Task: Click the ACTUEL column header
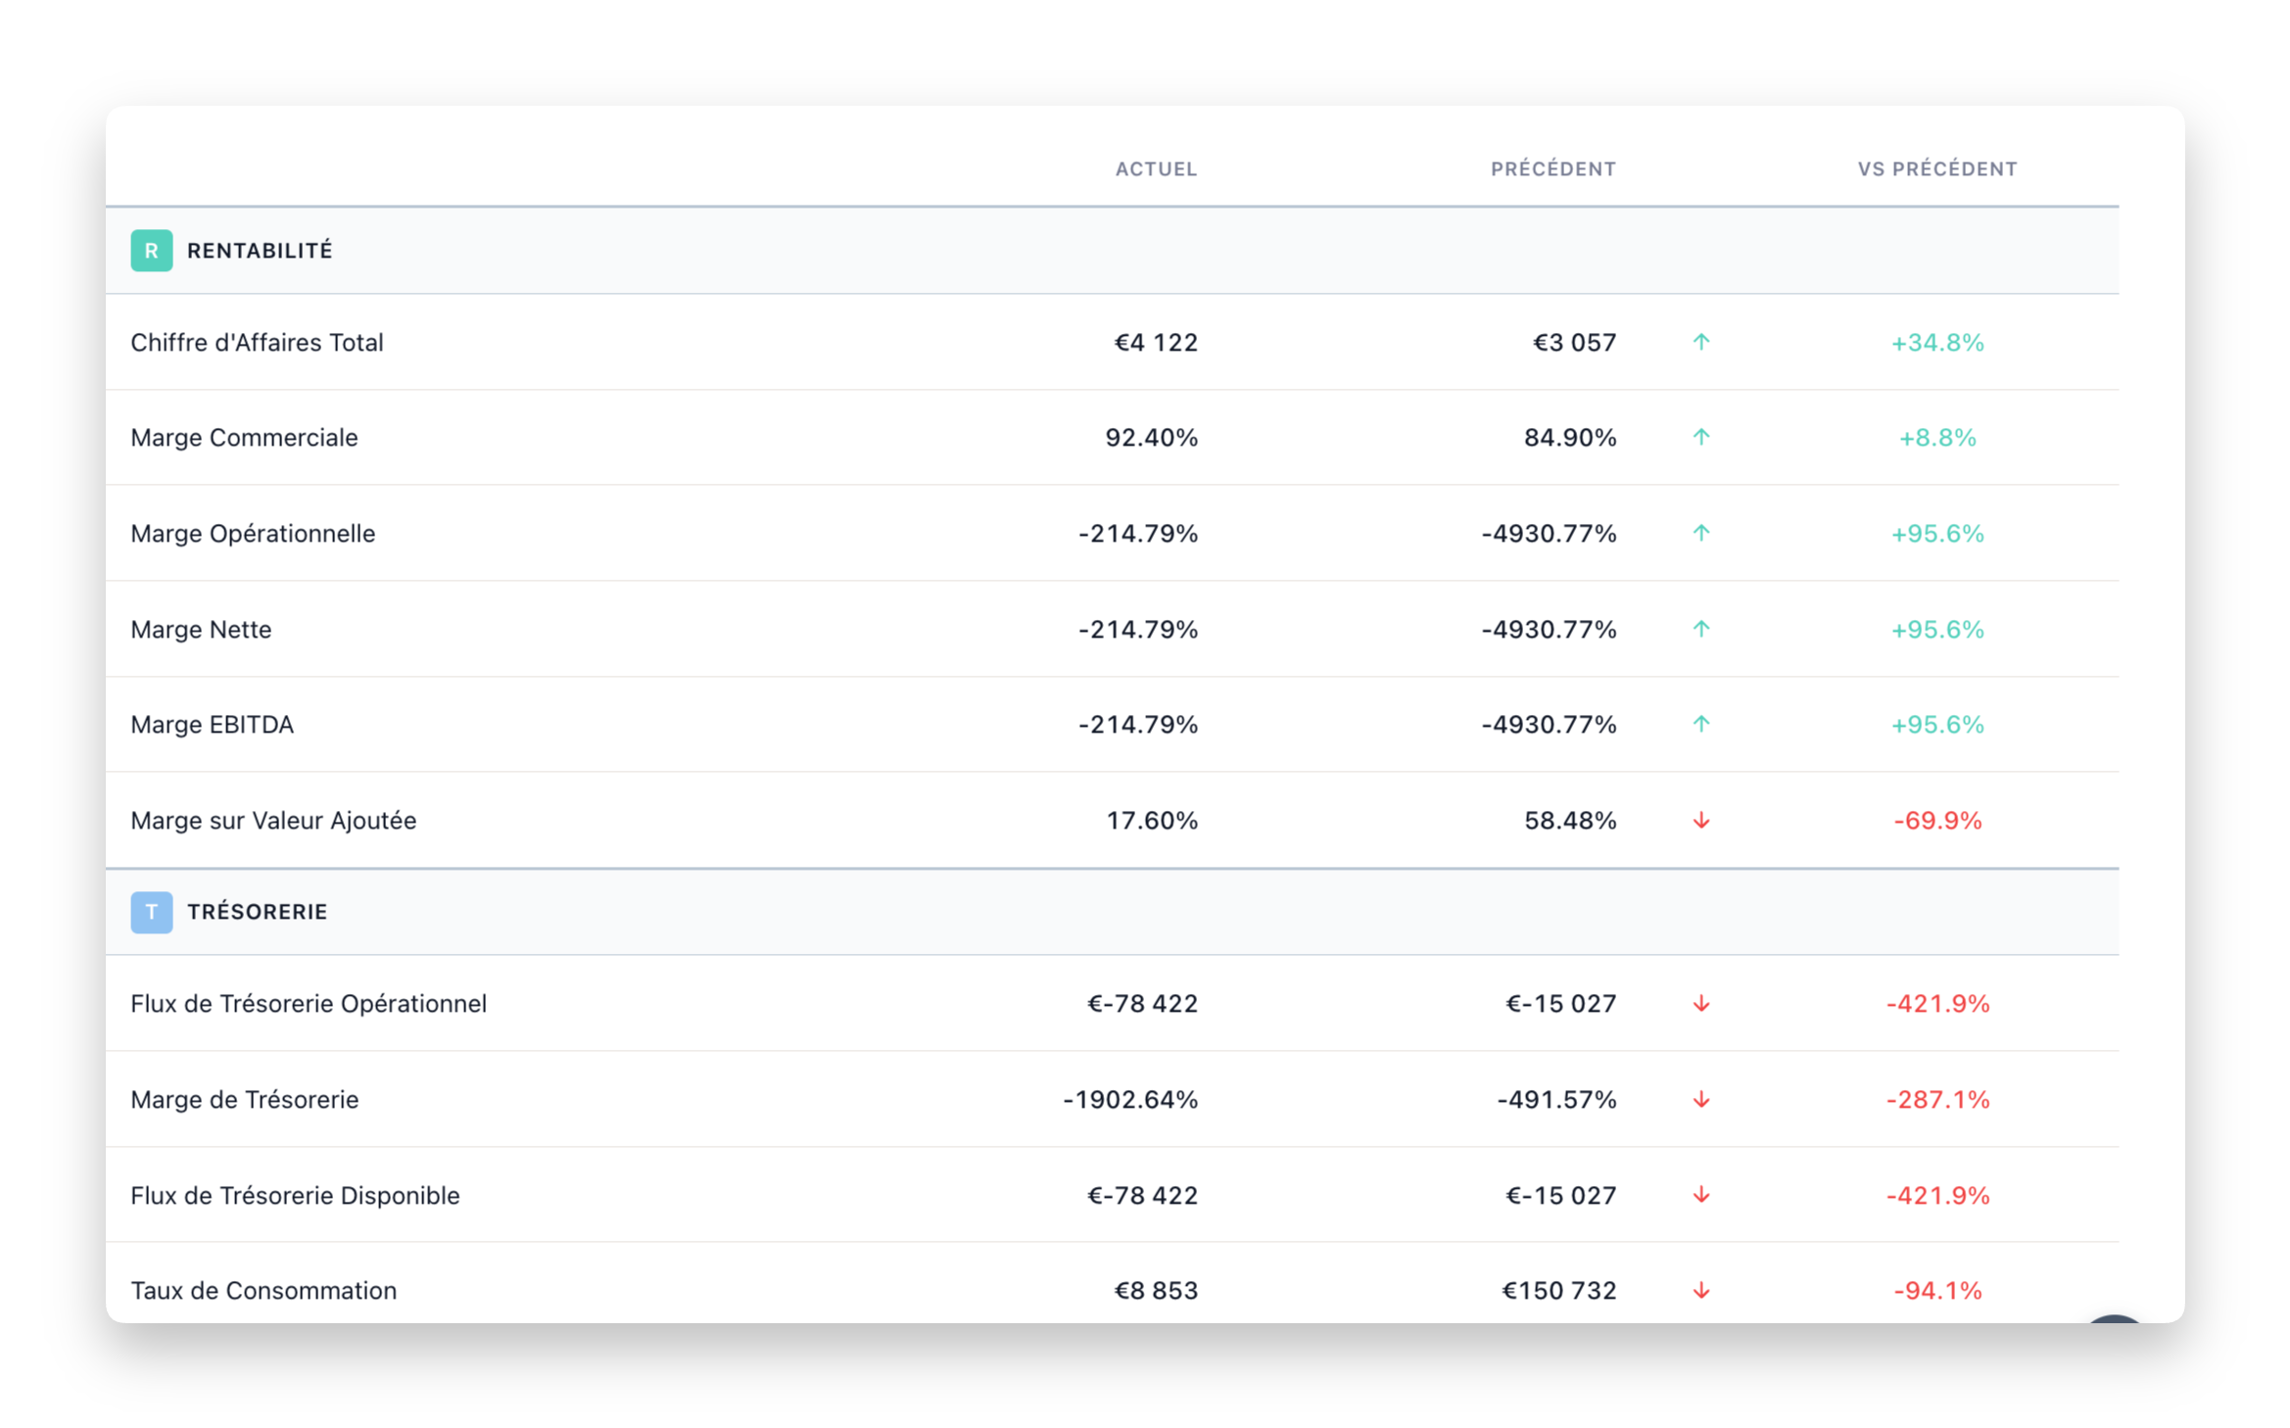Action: click(x=1156, y=169)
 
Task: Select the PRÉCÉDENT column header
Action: click(x=1552, y=169)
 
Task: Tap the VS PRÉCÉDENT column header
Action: click(x=1936, y=169)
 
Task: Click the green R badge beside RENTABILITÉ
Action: click(x=152, y=251)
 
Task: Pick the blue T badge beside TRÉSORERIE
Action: click(x=152, y=912)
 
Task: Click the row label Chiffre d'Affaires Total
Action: click(x=257, y=343)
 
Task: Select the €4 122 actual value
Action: click(x=1156, y=343)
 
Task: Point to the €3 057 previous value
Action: click(x=1574, y=343)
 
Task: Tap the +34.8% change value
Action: click(x=1936, y=343)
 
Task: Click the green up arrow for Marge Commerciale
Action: click(x=1701, y=438)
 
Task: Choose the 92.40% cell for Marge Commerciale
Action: click(x=1151, y=438)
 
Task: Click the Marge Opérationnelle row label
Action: click(x=253, y=534)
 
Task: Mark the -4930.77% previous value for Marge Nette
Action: click(x=1549, y=630)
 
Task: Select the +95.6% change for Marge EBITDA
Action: click(x=1936, y=725)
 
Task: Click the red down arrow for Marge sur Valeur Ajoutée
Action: click(x=1701, y=821)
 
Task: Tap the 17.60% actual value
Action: click(x=1152, y=821)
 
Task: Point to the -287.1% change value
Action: click(x=1937, y=1100)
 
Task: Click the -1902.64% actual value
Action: click(x=1130, y=1100)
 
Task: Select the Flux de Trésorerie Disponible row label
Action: click(x=295, y=1196)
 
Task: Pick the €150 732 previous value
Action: click(x=1558, y=1291)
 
